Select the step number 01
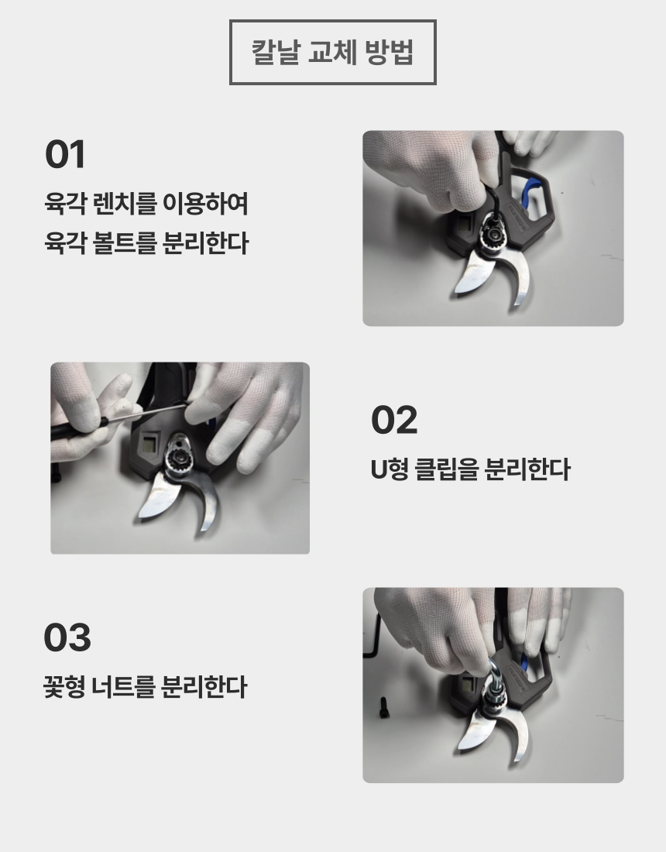coord(65,154)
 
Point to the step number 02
coord(394,420)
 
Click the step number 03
coord(67,637)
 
